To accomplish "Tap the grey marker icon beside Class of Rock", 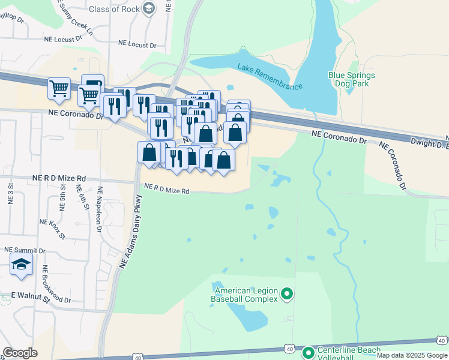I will point(149,8).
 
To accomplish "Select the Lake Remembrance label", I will point(270,77).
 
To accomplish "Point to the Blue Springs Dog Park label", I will point(352,79).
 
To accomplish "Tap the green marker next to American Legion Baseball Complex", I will point(287,294).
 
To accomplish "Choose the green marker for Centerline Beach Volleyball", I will point(308,353).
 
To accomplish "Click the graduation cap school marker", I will point(21,265).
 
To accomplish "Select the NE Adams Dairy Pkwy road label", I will point(131,232).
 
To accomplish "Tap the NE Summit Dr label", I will point(25,249).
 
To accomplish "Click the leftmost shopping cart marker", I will point(59,88).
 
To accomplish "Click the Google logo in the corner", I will point(20,353).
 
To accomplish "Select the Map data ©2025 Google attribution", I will point(411,355).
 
